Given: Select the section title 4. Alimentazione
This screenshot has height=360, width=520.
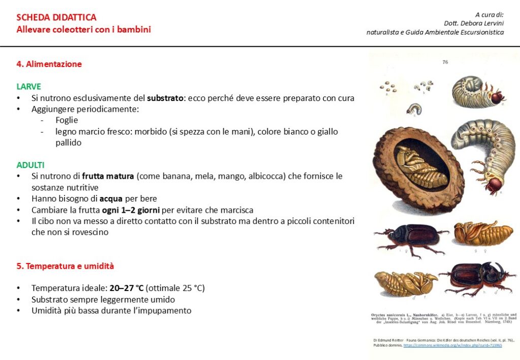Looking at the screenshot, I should [49, 64].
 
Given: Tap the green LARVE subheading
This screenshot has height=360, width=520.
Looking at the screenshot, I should [29, 86].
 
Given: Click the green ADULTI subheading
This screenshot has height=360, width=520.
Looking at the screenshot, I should [30, 165].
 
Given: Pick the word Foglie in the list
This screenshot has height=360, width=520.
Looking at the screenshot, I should [68, 120].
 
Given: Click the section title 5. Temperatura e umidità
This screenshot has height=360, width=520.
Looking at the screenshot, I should [65, 266].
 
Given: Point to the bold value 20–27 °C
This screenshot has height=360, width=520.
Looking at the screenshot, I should [126, 288].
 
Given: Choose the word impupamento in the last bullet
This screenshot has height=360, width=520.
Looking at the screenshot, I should [166, 310].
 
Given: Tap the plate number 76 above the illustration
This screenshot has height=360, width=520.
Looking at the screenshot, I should [445, 62].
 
